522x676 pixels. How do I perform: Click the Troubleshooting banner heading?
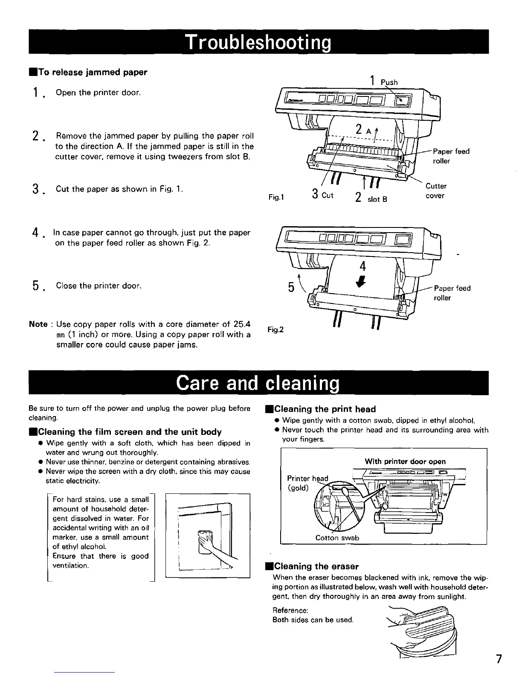258,42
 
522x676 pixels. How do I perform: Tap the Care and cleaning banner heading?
258,383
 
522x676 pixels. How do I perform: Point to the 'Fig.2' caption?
275,329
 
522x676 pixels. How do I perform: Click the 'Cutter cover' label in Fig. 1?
436,191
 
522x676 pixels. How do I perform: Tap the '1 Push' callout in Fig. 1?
384,81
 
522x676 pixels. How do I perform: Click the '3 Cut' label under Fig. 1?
322,195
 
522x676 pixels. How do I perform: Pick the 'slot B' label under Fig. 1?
377,199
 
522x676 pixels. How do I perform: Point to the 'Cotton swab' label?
337,538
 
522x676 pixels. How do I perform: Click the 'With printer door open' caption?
405,461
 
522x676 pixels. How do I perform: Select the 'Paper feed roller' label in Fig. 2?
452,293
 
